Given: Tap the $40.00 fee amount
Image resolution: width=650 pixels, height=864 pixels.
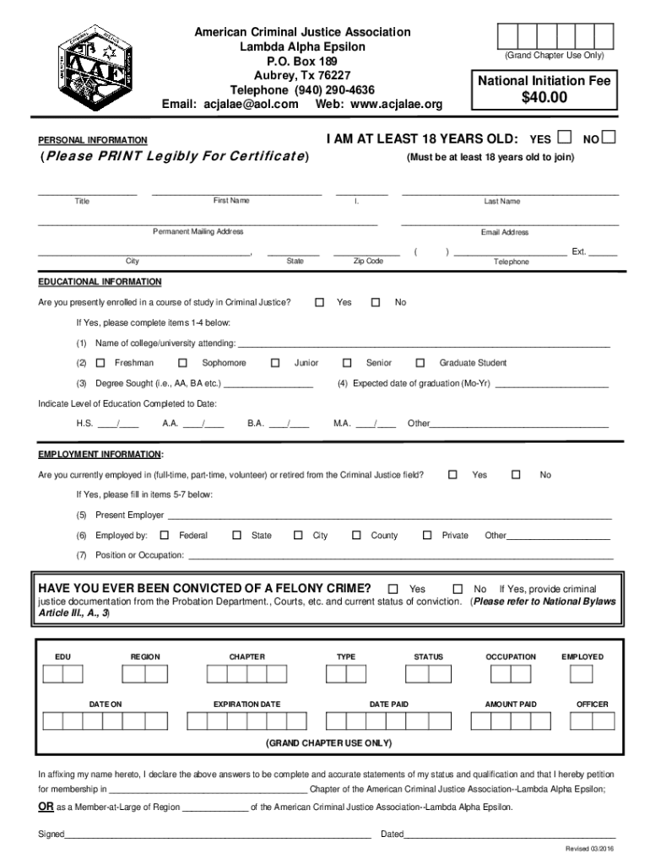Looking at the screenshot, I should click(x=544, y=98).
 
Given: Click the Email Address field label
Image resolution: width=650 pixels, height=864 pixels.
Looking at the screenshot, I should click(x=505, y=232).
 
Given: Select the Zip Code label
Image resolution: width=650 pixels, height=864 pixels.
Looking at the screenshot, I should click(x=368, y=262).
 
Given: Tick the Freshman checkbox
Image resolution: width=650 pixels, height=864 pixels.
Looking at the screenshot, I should click(x=100, y=363).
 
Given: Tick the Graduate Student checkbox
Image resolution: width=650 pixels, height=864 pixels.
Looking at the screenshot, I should click(x=420, y=363).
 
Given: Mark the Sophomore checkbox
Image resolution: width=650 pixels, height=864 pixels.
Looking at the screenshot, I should click(x=182, y=363).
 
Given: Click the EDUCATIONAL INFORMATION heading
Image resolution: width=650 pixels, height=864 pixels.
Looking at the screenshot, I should click(x=100, y=282).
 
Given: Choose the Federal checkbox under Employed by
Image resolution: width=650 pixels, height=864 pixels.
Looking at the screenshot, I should click(x=164, y=535).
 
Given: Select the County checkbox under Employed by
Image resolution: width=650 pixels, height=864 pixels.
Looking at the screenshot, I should click(x=355, y=535).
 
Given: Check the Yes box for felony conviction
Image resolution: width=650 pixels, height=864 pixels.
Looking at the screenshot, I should click(x=393, y=588).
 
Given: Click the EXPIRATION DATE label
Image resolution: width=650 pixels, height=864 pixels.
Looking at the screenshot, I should click(x=246, y=704).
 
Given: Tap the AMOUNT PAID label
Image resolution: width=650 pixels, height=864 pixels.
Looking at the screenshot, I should click(x=510, y=704).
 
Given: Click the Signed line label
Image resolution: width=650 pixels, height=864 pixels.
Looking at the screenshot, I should click(x=51, y=834).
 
